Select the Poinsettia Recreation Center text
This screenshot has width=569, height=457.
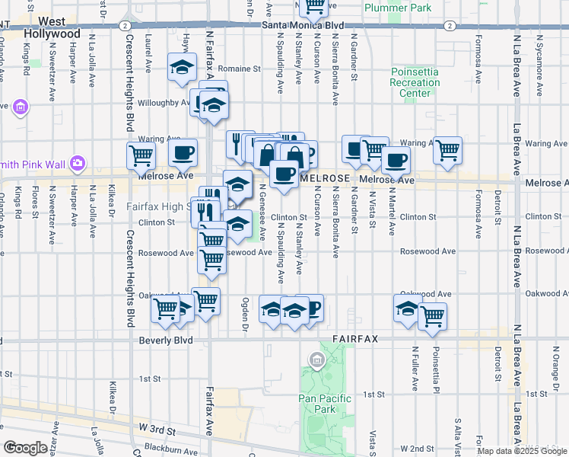coord(415,82)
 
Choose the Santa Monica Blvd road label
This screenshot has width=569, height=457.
coord(304,25)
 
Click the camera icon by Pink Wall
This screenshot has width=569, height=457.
coord(77,163)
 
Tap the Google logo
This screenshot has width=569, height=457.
coord(25,447)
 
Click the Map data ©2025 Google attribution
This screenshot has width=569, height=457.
coord(522,451)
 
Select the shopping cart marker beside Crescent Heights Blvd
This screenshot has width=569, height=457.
coord(141,155)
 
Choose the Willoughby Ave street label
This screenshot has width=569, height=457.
coord(164,102)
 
